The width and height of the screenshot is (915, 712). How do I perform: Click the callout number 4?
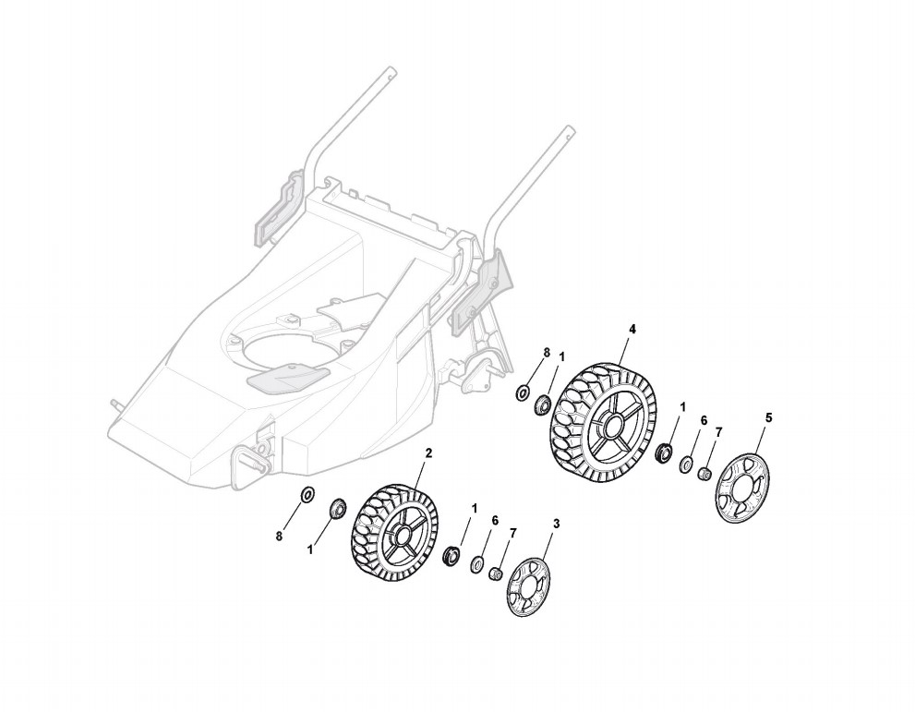pyautogui.click(x=632, y=329)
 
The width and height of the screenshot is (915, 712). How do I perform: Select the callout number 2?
pyautogui.click(x=428, y=453)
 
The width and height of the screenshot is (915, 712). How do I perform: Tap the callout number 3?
pyautogui.click(x=556, y=524)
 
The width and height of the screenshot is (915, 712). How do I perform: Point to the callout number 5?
pyautogui.click(x=768, y=417)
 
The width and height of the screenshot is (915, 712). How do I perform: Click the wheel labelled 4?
pyautogui.click(x=601, y=423)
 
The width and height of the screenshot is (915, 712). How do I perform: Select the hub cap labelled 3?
pyautogui.click(x=527, y=587)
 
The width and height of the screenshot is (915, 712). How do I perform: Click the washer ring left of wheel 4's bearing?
pyautogui.click(x=523, y=393)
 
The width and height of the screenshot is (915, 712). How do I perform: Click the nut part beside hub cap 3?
pyautogui.click(x=495, y=574)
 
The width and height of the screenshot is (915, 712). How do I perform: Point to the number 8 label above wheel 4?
pyautogui.click(x=547, y=353)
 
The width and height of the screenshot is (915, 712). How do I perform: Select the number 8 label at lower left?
pyautogui.click(x=280, y=537)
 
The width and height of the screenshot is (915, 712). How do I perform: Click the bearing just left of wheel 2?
pyautogui.click(x=337, y=507)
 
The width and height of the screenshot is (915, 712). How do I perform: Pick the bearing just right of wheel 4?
pyautogui.click(x=662, y=453)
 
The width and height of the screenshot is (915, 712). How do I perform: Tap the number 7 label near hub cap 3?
pyautogui.click(x=513, y=533)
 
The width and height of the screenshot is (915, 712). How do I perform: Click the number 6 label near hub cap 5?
pyautogui.click(x=703, y=420)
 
